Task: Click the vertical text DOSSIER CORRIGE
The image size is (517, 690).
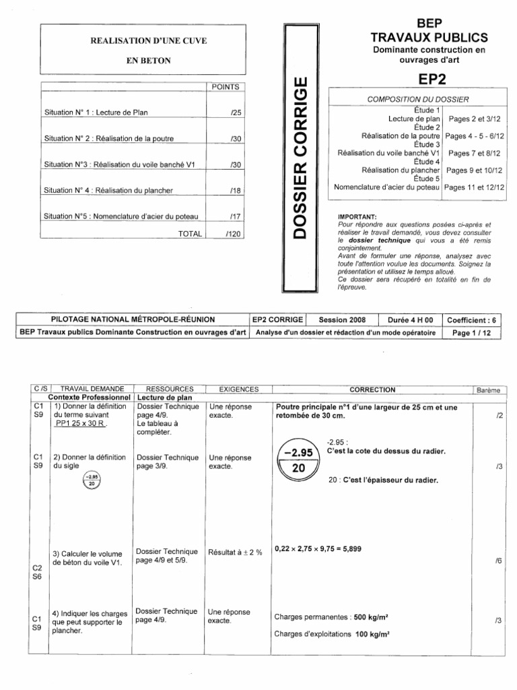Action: pyautogui.click(x=302, y=158)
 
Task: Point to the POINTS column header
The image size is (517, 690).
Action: pyautogui.click(x=225, y=86)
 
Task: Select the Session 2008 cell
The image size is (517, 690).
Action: pyautogui.click(x=342, y=320)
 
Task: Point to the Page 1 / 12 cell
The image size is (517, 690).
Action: pyautogui.click(x=474, y=332)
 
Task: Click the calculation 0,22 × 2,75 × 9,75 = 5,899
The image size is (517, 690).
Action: pyautogui.click(x=318, y=548)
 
